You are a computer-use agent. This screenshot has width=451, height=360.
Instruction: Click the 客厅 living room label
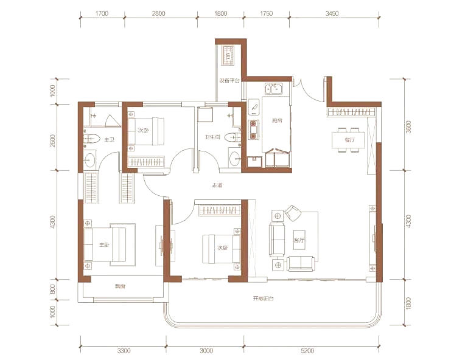point(299,240)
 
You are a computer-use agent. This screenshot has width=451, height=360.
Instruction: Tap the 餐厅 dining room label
point(349,140)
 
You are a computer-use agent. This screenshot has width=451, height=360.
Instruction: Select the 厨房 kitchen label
point(277,120)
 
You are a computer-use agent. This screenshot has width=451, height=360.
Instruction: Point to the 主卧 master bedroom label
point(104,245)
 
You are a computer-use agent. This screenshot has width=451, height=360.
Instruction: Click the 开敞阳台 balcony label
point(263,299)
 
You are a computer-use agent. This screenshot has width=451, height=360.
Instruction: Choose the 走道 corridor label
point(217,185)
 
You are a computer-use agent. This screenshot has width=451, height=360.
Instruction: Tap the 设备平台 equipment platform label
point(229,81)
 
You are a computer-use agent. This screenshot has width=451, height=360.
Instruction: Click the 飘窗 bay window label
point(120,286)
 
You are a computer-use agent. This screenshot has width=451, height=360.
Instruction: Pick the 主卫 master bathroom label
point(110,140)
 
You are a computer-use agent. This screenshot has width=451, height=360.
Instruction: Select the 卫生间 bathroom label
point(212,137)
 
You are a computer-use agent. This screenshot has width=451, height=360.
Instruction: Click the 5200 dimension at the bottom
point(307,350)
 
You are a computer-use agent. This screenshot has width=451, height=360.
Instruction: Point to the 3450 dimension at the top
point(332,13)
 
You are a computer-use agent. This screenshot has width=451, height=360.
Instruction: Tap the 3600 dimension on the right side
point(408,126)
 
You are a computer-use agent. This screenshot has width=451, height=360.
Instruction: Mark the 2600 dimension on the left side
point(52,141)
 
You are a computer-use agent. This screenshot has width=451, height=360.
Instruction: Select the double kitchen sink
point(274,89)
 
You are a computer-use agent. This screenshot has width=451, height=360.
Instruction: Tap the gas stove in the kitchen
point(254,130)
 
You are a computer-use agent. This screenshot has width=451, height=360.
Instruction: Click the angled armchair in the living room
point(293,213)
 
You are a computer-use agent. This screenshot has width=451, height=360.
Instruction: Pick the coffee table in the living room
point(299,240)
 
